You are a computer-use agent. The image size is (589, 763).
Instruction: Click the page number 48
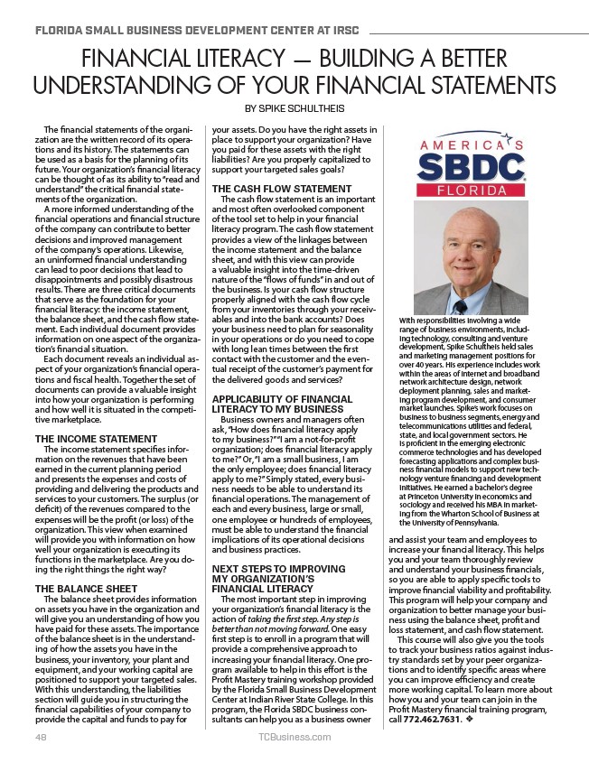point(41,737)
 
